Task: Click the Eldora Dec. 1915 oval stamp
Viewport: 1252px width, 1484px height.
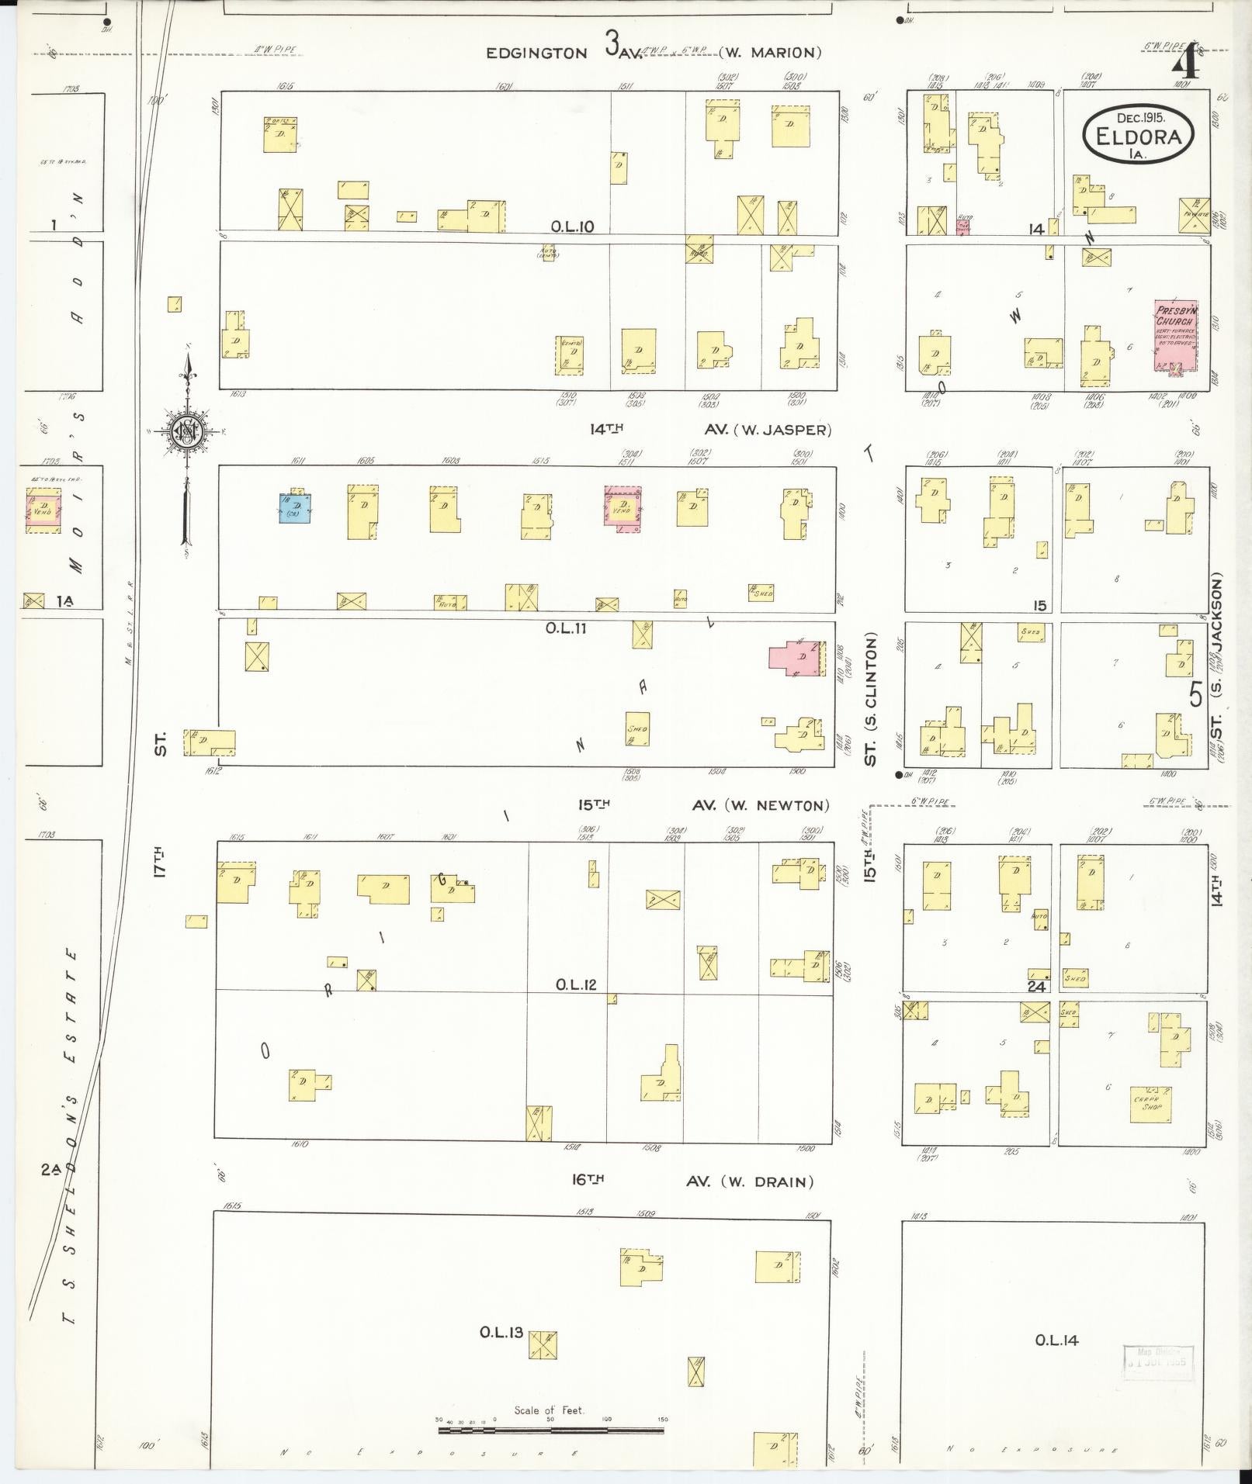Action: tap(1138, 136)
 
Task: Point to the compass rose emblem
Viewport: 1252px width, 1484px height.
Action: tap(188, 432)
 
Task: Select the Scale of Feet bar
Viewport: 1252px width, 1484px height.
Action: tap(551, 1428)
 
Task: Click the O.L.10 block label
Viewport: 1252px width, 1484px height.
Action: tap(572, 227)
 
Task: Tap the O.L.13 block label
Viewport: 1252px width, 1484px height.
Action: tap(501, 1333)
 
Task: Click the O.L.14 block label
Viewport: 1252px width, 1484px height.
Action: tap(1056, 1340)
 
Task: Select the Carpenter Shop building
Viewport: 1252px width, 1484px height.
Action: tap(1151, 1104)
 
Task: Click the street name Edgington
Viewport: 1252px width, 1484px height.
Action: tap(536, 53)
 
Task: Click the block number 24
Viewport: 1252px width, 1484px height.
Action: tap(1036, 986)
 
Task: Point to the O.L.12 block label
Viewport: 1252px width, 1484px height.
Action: tap(575, 984)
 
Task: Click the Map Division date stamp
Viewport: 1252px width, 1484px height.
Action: tap(1158, 1363)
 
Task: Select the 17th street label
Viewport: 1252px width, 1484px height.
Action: tap(161, 860)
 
